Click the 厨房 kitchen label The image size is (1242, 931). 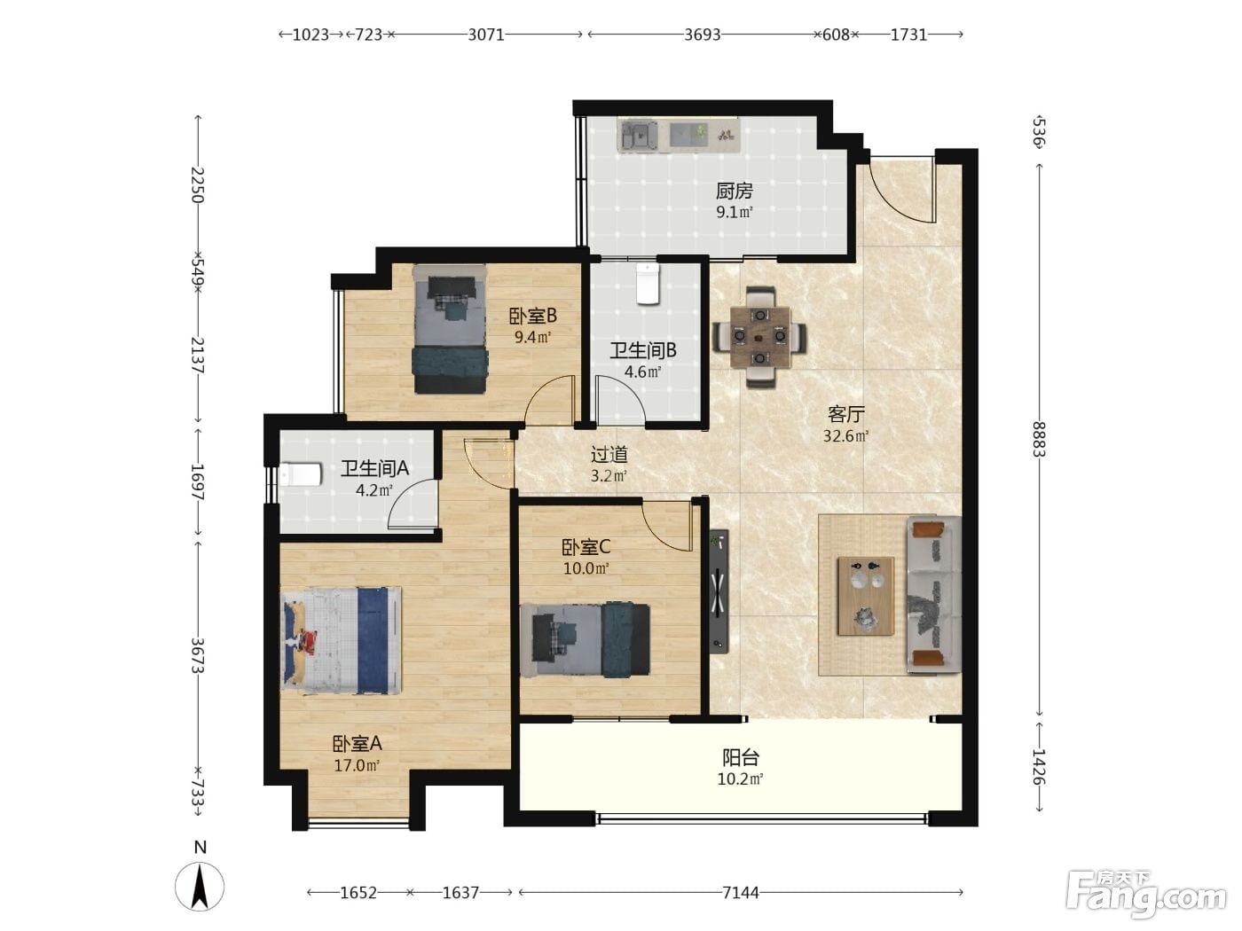click(x=734, y=191)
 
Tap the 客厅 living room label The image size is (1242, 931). click(x=846, y=414)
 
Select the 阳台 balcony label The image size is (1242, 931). click(x=741, y=757)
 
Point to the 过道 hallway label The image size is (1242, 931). click(x=609, y=454)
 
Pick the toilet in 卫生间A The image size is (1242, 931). click(x=301, y=475)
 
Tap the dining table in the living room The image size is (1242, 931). click(x=759, y=337)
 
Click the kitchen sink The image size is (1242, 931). click(x=637, y=136)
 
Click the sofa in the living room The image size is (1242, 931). click(x=933, y=595)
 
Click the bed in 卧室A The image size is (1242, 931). click(x=342, y=640)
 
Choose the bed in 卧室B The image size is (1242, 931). click(x=450, y=329)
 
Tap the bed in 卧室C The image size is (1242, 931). click(x=585, y=640)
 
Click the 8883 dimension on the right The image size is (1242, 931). click(x=1039, y=440)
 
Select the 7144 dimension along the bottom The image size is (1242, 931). click(x=741, y=892)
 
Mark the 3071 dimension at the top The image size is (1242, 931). click(x=486, y=35)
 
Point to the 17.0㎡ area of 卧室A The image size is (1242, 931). click(x=357, y=766)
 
